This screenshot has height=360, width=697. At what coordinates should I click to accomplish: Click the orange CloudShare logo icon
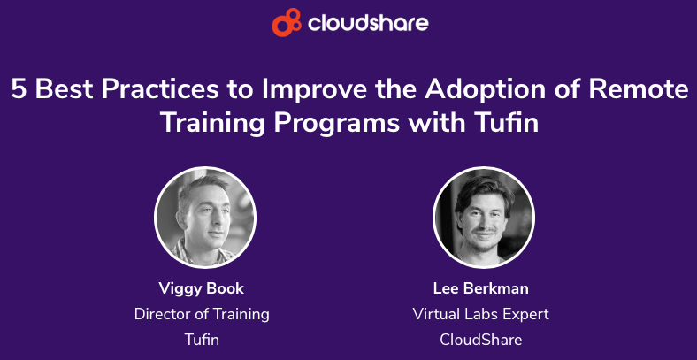tap(287, 22)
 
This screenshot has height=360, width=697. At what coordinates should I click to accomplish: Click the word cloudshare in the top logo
tap(368, 23)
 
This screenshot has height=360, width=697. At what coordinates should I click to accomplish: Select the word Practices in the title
tap(160, 89)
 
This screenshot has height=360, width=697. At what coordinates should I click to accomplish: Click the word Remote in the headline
tap(639, 89)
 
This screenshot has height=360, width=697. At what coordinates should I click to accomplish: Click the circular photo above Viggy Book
tap(205, 218)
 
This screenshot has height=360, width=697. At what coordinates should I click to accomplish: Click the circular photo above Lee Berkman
tap(484, 218)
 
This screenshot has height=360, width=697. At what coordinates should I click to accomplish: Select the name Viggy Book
tap(202, 289)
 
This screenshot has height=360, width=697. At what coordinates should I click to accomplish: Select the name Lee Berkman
tap(481, 288)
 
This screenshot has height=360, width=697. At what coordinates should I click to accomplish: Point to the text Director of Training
tap(202, 315)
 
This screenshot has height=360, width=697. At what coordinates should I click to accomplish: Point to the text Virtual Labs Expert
tap(481, 315)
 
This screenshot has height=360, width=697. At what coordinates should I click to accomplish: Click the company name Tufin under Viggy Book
tap(202, 340)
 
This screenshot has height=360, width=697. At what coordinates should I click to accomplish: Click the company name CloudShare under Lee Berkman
tap(481, 340)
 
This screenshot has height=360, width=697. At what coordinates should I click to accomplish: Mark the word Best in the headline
tap(63, 89)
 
